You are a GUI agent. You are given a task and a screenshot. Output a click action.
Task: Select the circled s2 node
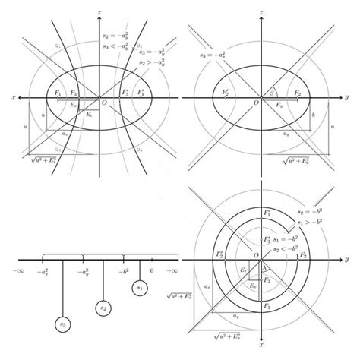point(103,307)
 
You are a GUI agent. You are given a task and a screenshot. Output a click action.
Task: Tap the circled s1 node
point(140,288)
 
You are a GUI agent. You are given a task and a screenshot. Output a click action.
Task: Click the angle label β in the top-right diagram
point(271,93)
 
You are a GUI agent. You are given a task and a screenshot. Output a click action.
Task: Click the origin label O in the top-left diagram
point(104,103)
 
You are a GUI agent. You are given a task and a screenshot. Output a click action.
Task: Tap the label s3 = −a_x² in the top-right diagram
point(213,55)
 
